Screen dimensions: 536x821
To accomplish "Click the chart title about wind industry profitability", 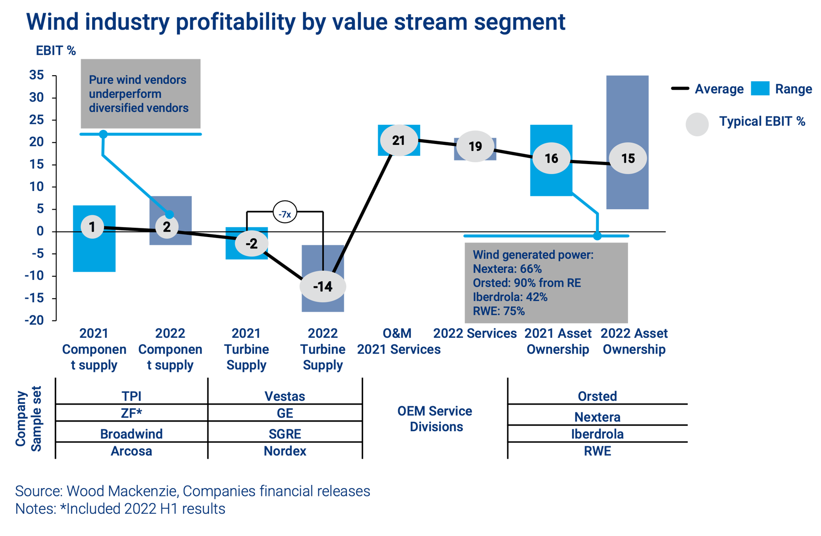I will [x=296, y=22].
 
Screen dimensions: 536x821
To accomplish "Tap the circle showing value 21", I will [x=399, y=140].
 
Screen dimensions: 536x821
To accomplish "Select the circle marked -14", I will [x=323, y=287].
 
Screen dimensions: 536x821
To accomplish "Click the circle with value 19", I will [x=475, y=146].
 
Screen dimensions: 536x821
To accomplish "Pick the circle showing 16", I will [x=551, y=158].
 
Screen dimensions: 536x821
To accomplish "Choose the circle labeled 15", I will [x=628, y=158].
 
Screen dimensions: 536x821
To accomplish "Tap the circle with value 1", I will [x=92, y=227].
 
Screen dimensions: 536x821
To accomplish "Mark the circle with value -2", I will [x=252, y=243].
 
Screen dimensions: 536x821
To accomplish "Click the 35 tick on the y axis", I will [x=36, y=74].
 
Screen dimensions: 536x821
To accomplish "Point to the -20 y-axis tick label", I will [x=35, y=320].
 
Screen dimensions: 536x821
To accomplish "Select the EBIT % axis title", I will [x=56, y=50].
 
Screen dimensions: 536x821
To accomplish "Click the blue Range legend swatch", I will [x=760, y=89].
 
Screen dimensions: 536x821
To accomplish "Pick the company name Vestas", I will [x=285, y=396].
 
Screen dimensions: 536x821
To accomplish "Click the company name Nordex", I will [x=285, y=451].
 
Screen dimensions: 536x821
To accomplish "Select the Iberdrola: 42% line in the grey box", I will [x=510, y=297].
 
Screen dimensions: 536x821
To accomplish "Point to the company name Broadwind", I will [x=131, y=433].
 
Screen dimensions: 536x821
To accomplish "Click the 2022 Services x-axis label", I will [x=475, y=334].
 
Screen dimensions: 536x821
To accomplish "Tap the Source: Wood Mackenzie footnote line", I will [x=192, y=491].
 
